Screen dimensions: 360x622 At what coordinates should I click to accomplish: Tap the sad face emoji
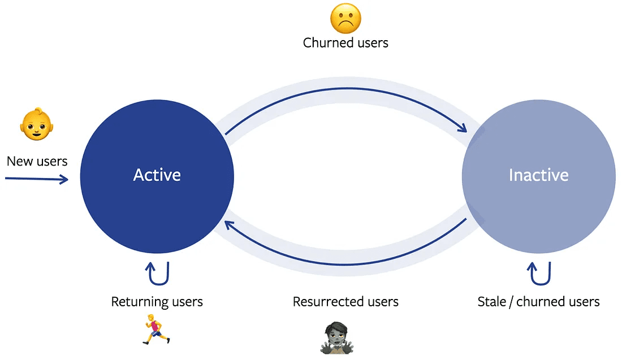pos(345,18)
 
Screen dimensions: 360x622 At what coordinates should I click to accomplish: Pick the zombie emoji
pos(337,338)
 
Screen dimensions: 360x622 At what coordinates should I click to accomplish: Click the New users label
pos(37,161)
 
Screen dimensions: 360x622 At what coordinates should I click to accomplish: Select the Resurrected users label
pos(345,302)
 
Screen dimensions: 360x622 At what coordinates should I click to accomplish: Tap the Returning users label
pos(157,302)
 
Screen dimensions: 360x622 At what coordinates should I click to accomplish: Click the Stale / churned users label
pos(538,302)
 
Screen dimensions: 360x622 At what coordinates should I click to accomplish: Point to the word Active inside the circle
pos(157,175)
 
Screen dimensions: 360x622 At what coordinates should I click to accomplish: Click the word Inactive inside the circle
pos(538,175)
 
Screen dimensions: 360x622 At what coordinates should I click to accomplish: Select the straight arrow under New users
pos(37,179)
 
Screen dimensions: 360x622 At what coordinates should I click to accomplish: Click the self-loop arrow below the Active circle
pos(158,274)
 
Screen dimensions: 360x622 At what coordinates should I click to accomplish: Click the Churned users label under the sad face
pos(345,43)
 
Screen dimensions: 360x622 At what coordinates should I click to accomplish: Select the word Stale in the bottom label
pos(491,302)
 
